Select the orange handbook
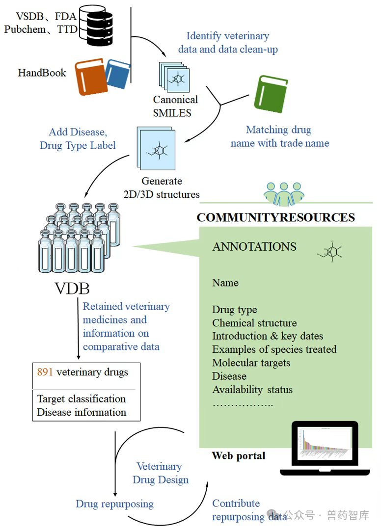coord(91,77)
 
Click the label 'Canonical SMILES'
coord(175,106)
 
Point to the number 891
coord(45,372)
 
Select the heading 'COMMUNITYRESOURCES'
coord(275,217)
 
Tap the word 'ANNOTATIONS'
coord(254,247)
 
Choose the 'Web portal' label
coord(239,456)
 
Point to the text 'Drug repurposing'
coord(114,504)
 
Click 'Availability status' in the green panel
coord(252,390)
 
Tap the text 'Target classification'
coord(82,399)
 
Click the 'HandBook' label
coord(42,73)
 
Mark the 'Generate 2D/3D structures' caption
coord(162,187)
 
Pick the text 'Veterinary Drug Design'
coord(160,473)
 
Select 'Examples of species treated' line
coord(274,349)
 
